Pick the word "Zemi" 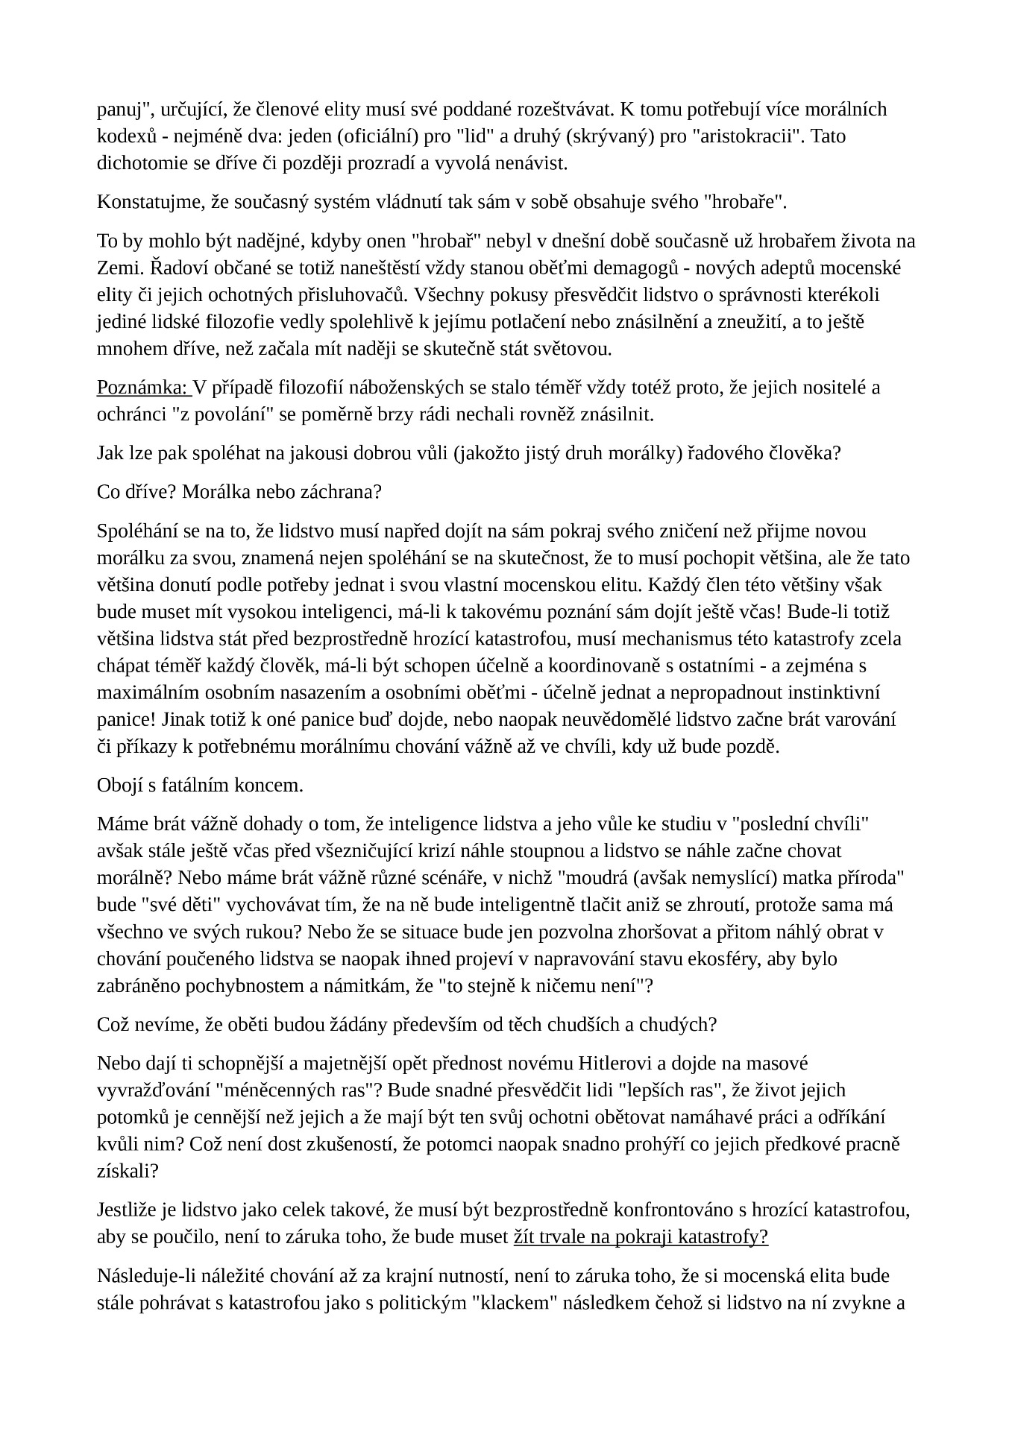(114, 268)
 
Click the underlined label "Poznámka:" (142, 388)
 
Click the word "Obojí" (118, 786)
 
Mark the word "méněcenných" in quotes (272, 1090)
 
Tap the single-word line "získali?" (128, 1171)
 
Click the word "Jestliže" (128, 1210)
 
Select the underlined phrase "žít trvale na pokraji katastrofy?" (641, 1237)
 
